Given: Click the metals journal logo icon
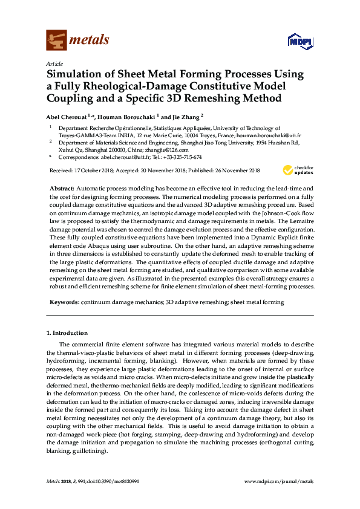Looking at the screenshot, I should pyautogui.click(x=56, y=41).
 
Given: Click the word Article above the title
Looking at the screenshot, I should pyautogui.click(x=54, y=63).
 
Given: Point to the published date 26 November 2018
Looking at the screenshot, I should pyautogui.click(x=227, y=170).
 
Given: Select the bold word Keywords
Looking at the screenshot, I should pyautogui.click(x=64, y=301).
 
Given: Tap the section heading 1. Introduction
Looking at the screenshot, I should pyautogui.click(x=67, y=333).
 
